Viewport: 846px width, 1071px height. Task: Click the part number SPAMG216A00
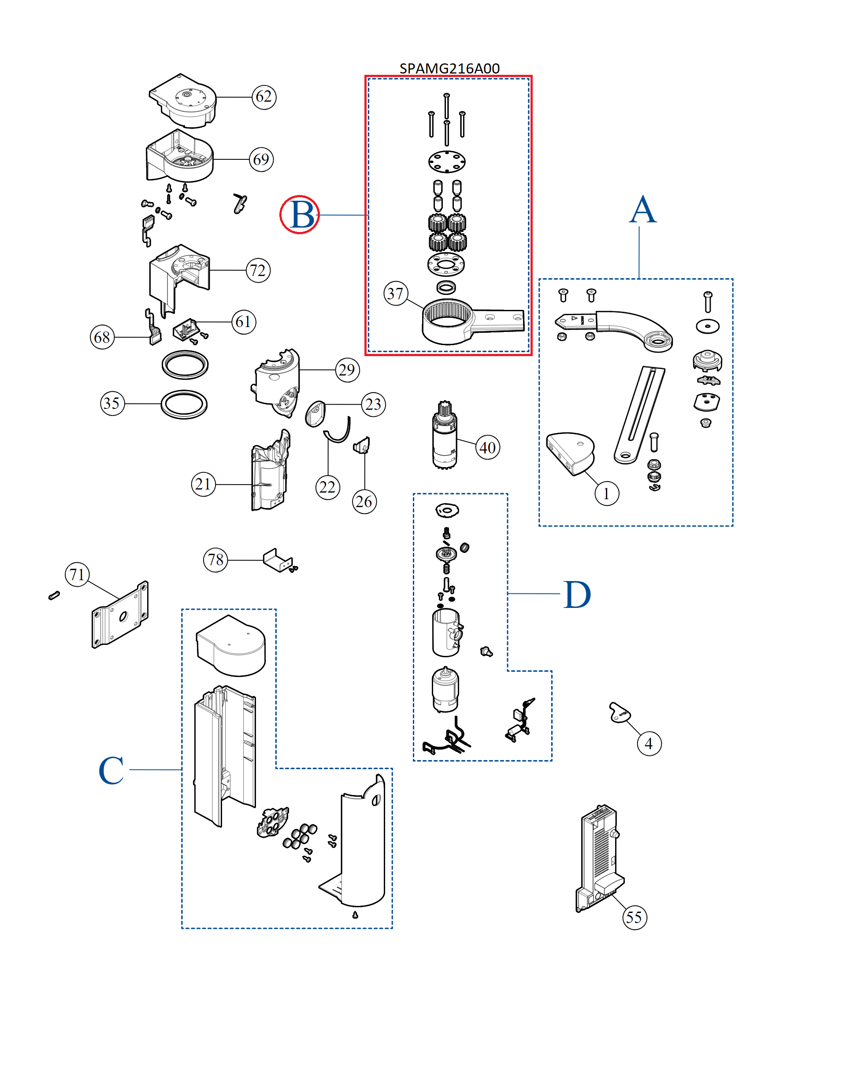449,68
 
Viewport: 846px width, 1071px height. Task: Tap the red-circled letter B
300,215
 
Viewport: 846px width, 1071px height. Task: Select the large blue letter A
643,210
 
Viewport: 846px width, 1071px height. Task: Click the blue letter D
577,594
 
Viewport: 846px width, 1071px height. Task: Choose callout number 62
264,96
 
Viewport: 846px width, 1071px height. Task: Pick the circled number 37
396,294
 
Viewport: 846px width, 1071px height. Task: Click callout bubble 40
487,447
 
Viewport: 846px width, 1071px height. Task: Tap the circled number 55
634,917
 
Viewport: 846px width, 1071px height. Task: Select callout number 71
77,574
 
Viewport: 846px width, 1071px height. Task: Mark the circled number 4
649,743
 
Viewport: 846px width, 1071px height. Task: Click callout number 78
215,560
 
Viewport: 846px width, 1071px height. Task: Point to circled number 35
112,403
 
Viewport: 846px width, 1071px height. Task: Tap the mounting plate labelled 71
120,615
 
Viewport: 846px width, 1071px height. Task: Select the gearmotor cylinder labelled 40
445,435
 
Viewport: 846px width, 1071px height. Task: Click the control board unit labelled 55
599,858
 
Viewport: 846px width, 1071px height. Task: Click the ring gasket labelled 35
184,405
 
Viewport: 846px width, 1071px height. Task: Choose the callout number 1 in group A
606,493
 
